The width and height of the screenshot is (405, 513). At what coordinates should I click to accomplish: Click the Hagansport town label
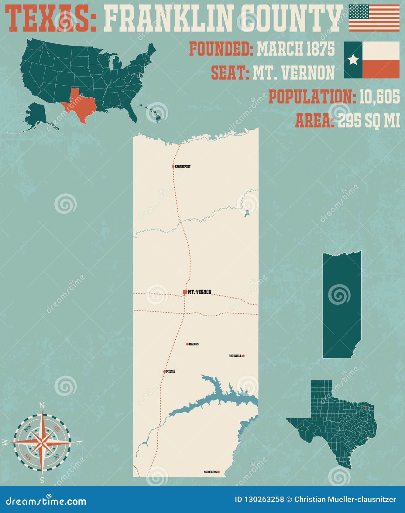[183, 167]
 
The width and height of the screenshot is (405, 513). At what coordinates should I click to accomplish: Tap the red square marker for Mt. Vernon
[185, 292]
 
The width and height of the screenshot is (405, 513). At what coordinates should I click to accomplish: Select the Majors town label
[194, 344]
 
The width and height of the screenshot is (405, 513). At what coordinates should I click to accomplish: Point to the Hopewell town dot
[243, 356]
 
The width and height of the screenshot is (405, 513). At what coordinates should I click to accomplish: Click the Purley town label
[170, 372]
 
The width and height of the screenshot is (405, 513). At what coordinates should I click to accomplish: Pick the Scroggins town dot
[218, 472]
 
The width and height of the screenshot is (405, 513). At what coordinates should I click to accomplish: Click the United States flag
[374, 18]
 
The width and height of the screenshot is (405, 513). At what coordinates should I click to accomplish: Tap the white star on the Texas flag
[353, 60]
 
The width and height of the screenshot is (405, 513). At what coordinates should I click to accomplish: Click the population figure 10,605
[379, 97]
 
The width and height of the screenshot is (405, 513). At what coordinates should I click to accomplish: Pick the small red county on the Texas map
[366, 408]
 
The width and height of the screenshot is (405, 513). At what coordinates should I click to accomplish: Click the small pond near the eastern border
[247, 213]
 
